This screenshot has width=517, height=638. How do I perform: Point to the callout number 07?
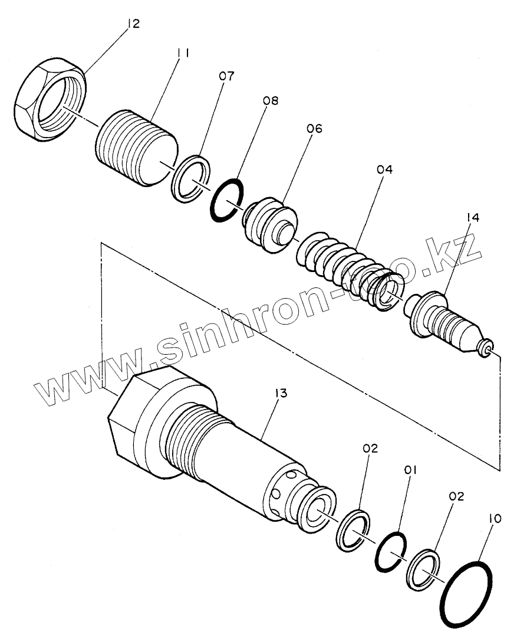point(228,76)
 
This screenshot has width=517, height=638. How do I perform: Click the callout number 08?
point(271,101)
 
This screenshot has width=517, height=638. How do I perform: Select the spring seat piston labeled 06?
point(268,225)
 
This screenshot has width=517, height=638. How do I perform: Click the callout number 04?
point(384,170)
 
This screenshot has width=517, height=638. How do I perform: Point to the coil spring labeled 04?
point(348,266)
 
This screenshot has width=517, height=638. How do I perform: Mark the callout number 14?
point(472,218)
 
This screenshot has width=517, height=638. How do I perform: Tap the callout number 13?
point(280,394)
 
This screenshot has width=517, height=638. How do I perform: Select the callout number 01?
point(410,470)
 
